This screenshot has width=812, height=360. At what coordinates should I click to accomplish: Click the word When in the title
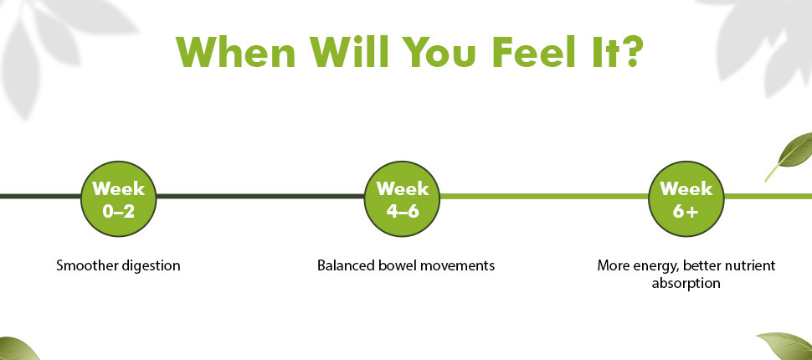click(x=235, y=52)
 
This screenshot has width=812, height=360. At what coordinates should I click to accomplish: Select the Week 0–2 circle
click(x=119, y=198)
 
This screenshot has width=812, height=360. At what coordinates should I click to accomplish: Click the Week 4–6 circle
click(x=403, y=198)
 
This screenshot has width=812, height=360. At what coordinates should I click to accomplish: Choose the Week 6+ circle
click(x=686, y=198)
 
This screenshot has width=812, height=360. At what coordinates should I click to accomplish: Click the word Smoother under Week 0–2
click(x=87, y=265)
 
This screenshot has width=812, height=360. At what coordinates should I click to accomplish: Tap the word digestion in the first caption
click(x=151, y=266)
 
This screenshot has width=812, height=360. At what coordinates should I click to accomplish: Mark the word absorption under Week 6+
click(x=686, y=284)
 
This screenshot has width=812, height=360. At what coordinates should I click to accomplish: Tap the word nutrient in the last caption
click(x=751, y=266)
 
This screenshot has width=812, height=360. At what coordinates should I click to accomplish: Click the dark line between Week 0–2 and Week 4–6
click(x=260, y=196)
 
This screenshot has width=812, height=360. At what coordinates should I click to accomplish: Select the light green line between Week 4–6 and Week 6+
click(x=544, y=196)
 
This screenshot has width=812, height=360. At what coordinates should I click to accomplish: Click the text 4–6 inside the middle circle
click(x=403, y=211)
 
